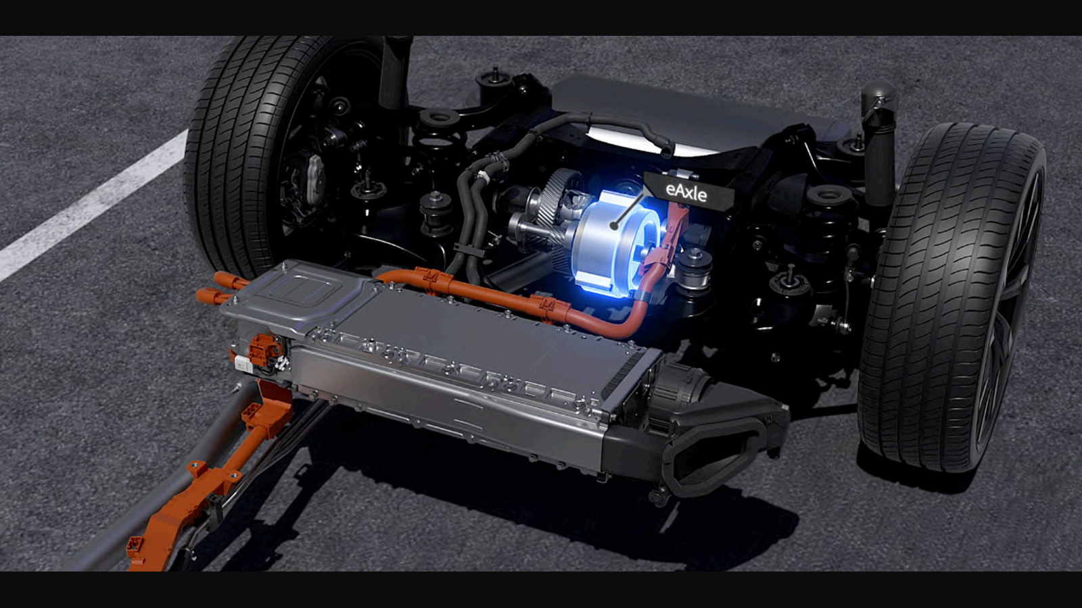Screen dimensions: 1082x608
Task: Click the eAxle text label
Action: click(686, 193)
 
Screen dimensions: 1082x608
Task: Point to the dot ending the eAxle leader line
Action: click(614, 225)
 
